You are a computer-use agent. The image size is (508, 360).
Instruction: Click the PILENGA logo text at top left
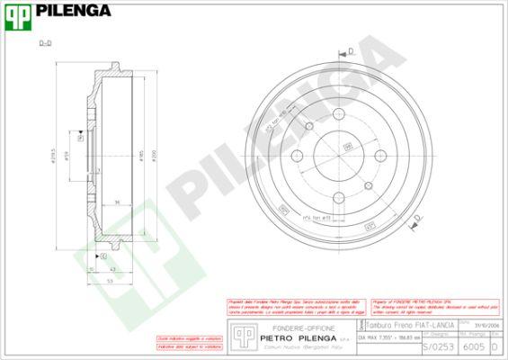coord(76,11)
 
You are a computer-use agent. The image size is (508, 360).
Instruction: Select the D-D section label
coord(45,43)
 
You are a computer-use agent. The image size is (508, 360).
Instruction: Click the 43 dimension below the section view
coord(111,268)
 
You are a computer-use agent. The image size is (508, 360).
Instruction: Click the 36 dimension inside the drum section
coord(118,203)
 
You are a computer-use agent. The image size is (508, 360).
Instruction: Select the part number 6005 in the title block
coord(472,346)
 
